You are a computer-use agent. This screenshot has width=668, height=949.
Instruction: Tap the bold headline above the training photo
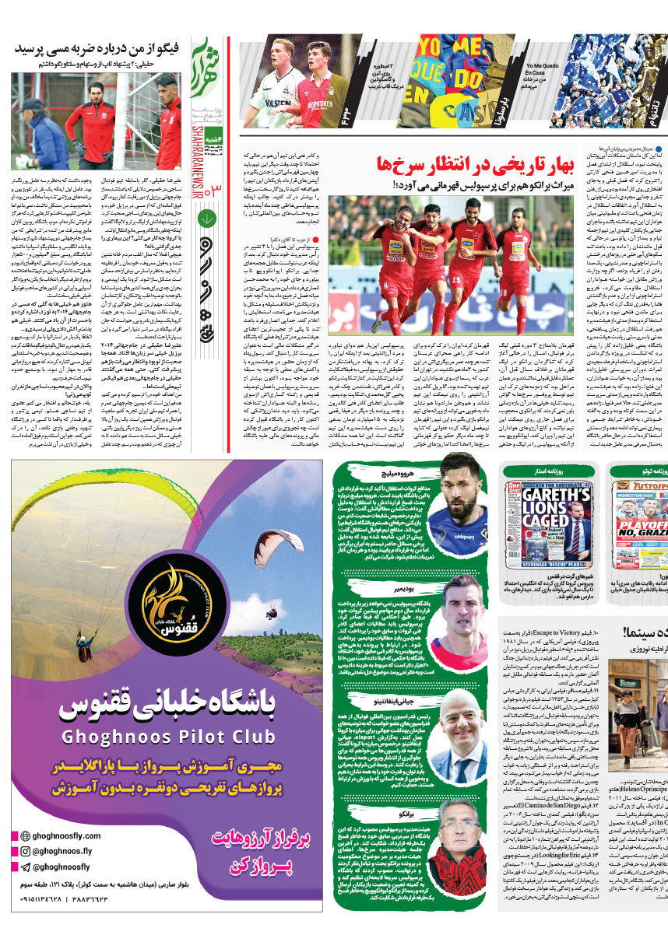pyautogui.click(x=100, y=49)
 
